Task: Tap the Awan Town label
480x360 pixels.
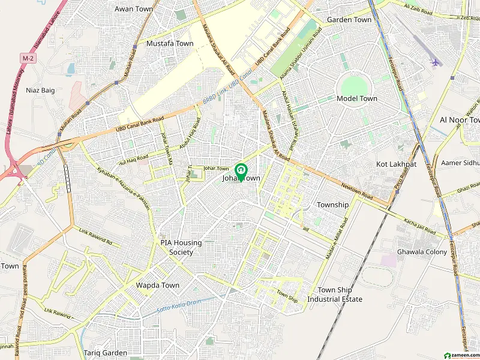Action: click(134, 9)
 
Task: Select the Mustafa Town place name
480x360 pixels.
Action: click(170, 44)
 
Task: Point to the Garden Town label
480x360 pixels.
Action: click(349, 20)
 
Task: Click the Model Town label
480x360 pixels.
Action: click(356, 98)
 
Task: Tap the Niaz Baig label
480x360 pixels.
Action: click(40, 90)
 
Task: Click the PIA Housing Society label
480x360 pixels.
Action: click(181, 247)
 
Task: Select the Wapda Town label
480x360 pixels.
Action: click(157, 285)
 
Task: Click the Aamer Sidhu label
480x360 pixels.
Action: click(460, 163)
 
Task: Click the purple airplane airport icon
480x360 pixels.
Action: click(435, 62)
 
